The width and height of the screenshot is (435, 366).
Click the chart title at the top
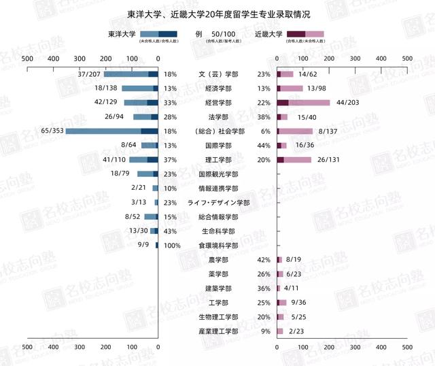[x=217, y=14]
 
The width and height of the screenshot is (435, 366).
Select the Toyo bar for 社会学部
[x=111, y=131]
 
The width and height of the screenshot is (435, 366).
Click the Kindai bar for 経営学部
[x=303, y=103]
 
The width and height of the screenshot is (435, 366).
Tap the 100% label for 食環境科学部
[x=172, y=245]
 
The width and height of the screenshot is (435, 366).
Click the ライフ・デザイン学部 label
[x=218, y=203]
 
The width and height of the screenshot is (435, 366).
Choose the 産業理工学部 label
[x=218, y=331]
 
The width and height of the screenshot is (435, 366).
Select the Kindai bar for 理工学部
[x=294, y=160]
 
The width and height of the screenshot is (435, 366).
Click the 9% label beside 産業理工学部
[x=265, y=331]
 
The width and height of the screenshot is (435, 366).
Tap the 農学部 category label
[x=218, y=260]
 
